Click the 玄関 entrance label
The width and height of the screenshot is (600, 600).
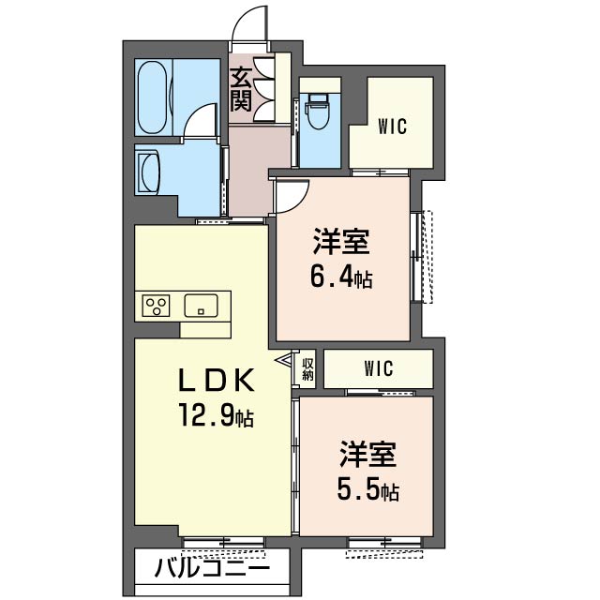point(241,88)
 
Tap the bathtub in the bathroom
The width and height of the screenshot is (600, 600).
point(152,97)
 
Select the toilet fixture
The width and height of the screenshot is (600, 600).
point(317,111)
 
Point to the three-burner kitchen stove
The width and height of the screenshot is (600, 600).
point(156,306)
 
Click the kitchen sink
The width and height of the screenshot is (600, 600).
point(201,306)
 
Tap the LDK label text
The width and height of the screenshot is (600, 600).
point(217,380)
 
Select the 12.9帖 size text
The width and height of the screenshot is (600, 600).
point(217,415)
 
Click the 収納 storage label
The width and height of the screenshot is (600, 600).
point(307,368)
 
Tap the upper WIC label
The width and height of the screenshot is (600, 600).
point(392,127)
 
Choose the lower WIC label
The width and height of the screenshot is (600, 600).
point(379,368)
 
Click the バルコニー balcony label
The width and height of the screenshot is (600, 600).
point(212,567)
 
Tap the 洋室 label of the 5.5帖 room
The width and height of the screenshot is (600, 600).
point(367,454)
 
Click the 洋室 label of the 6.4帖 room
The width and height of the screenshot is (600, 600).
point(341,241)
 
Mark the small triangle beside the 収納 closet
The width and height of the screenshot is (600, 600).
point(284,360)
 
